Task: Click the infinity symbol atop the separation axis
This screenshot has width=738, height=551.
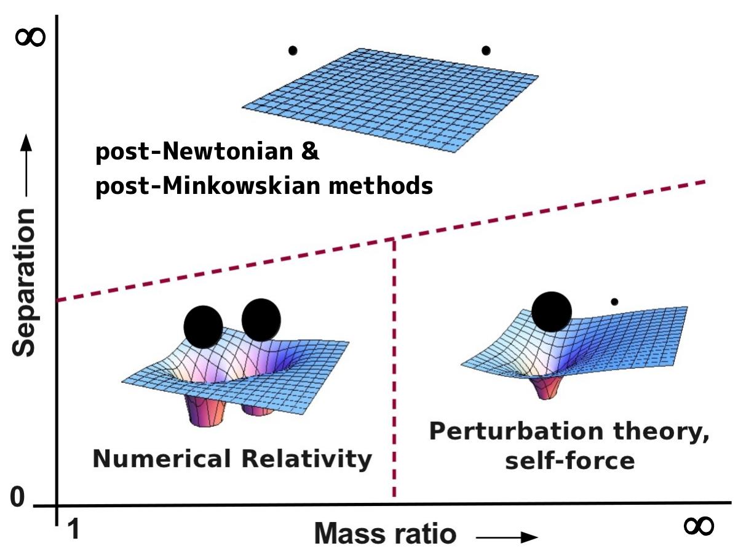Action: [x=30, y=37]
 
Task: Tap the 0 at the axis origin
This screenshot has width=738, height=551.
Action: [x=18, y=497]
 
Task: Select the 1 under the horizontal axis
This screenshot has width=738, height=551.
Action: [x=73, y=529]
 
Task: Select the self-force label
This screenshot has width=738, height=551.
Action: [x=569, y=460]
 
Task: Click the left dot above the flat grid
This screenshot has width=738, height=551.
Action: [x=293, y=50]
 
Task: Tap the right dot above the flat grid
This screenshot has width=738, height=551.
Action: [x=486, y=50]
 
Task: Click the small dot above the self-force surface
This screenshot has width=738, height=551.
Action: [x=614, y=302]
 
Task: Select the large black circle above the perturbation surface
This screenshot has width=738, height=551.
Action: [x=551, y=311]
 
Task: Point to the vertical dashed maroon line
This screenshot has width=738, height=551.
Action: [x=393, y=369]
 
